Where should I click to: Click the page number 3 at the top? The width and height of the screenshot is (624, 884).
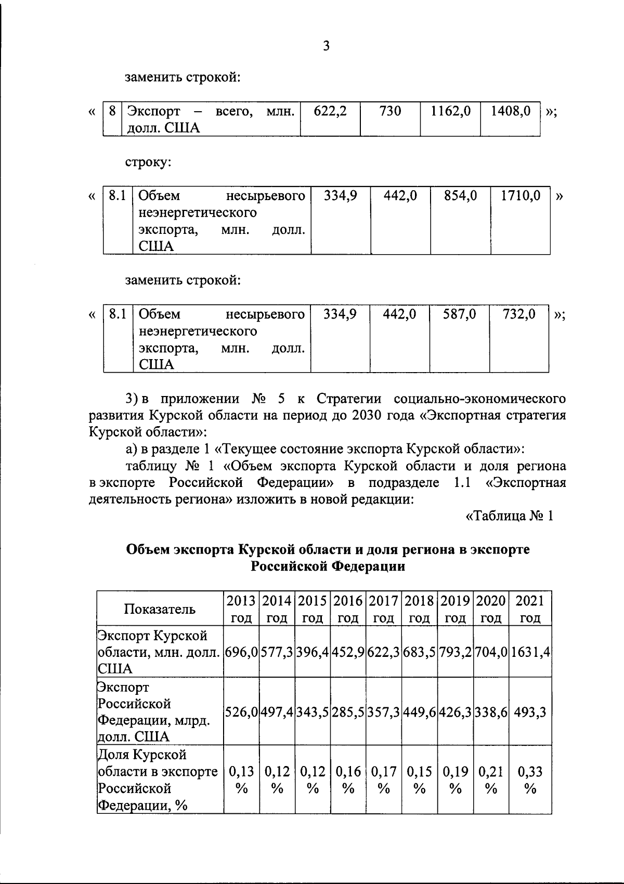tap(326, 46)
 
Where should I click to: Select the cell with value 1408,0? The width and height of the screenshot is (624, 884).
tap(511, 111)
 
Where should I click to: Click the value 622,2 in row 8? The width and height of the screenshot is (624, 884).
tap(330, 111)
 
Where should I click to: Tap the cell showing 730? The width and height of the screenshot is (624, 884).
tap(390, 111)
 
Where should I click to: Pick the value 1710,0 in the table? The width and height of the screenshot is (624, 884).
tap(520, 196)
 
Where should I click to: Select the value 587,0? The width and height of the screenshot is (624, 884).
tap(459, 314)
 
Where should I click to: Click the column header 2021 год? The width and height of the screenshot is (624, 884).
tap(530, 609)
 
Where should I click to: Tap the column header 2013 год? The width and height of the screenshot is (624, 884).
tap(241, 609)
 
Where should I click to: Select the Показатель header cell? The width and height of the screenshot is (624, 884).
tap(160, 609)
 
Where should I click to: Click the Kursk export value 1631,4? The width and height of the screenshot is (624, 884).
tap(530, 651)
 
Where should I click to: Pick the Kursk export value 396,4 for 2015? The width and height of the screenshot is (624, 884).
tap(313, 651)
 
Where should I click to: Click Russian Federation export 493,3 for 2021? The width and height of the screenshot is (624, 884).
tap(530, 711)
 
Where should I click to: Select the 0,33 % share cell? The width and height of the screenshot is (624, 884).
tap(530, 780)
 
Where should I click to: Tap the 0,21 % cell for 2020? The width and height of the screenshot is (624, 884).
tap(491, 780)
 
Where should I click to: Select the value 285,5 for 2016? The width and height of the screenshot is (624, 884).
tap(348, 711)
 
